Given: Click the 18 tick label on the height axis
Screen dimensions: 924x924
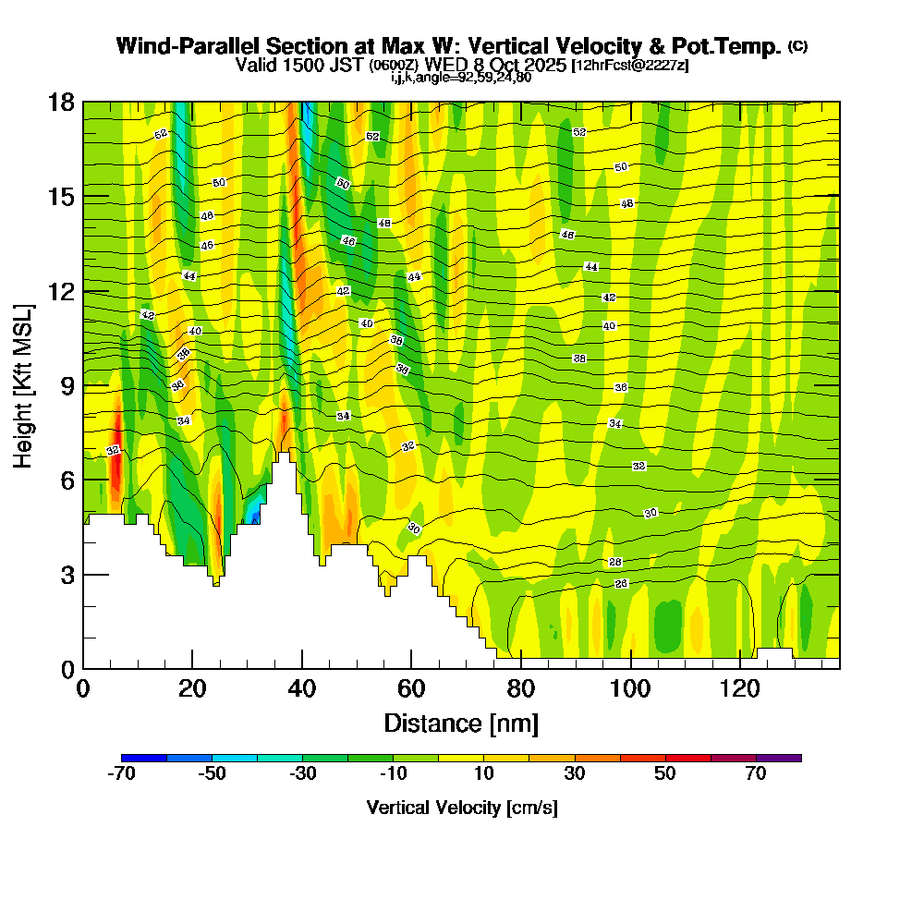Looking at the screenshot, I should point(62,102).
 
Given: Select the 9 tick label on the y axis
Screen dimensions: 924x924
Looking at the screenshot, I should point(67,385).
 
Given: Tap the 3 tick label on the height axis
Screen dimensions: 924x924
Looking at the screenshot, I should point(67,575).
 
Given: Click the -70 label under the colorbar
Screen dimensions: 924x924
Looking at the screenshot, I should point(121,774).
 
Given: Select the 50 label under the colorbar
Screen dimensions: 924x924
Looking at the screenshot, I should point(665,774).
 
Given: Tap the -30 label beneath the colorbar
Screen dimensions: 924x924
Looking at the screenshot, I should point(302,774).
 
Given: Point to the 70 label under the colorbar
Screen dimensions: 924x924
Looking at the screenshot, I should point(756,774).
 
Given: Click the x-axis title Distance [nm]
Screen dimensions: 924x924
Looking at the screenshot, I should point(461,723).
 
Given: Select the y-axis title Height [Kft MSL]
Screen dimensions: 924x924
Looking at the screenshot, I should point(24,385).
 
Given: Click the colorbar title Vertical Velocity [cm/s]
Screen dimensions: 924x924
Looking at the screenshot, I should point(462,808).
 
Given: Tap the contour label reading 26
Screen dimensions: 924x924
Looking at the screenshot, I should point(621,584).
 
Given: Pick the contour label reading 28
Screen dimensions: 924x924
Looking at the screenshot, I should point(615,563).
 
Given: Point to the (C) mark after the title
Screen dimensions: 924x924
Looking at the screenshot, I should point(797,45).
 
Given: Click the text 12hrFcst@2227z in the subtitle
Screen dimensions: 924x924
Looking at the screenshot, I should point(630,66).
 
